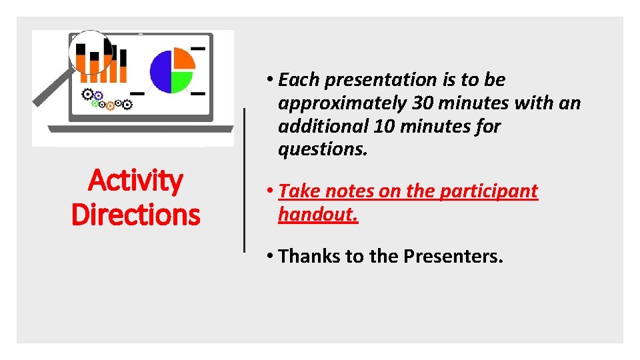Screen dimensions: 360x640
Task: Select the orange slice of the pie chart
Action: (183, 59)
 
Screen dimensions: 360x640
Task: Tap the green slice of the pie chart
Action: (181, 81)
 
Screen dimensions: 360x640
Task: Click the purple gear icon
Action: (98, 95)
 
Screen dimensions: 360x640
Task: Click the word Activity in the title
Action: (135, 181)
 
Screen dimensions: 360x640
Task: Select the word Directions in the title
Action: (135, 215)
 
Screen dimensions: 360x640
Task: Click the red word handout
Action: (318, 214)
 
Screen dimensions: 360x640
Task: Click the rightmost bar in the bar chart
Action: (123, 65)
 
